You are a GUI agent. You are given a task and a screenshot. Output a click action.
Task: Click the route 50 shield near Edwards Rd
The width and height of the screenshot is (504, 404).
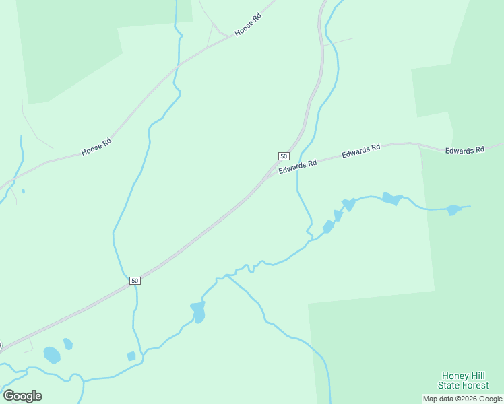tap(284, 156)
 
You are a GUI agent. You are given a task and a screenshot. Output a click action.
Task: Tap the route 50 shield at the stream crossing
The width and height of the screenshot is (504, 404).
tap(135, 280)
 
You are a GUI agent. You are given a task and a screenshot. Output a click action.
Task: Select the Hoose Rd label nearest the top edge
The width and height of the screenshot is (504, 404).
tap(247, 27)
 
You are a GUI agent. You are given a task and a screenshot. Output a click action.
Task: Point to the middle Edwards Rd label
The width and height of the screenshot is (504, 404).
tap(361, 151)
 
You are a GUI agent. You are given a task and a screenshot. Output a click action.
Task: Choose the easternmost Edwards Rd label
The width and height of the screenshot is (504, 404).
tap(465, 149)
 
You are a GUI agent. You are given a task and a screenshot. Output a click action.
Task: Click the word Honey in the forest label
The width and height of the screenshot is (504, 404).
tap(455, 376)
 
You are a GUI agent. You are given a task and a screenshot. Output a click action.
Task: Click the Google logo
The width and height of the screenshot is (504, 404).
tap(22, 395)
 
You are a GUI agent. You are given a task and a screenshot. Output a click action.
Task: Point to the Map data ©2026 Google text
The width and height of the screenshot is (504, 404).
tap(462, 399)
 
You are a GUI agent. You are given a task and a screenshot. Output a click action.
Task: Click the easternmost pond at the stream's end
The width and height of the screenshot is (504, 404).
tap(453, 210)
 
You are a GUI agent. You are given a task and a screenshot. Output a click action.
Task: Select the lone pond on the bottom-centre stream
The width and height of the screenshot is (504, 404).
tap(198, 312)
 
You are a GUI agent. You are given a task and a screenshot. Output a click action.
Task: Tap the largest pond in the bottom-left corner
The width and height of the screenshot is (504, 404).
tap(52, 354)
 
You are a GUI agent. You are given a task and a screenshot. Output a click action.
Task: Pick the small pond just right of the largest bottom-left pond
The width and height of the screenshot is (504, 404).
tap(68, 344)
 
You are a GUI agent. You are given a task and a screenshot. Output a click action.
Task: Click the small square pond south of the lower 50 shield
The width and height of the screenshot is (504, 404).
tap(131, 356)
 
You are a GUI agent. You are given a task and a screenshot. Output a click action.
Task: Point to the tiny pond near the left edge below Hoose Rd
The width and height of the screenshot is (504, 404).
tap(23, 191)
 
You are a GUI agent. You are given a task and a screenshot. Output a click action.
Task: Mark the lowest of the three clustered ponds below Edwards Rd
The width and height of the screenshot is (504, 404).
tap(328, 228)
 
